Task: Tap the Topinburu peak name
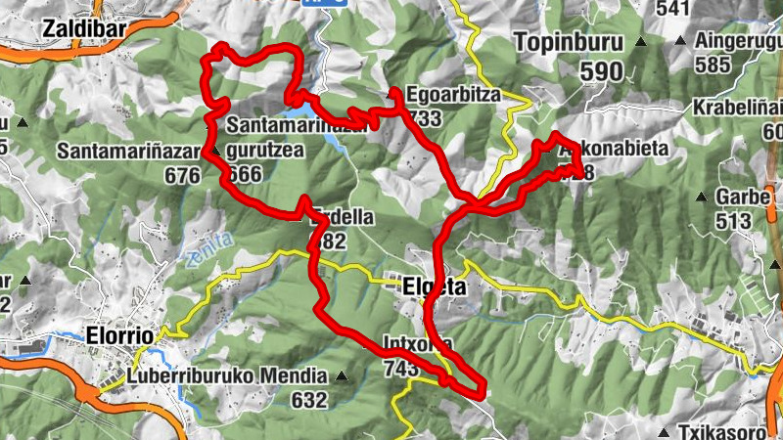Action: tap(567, 44)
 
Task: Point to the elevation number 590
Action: tap(600, 71)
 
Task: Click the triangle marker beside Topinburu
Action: tap(640, 43)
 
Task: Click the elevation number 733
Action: tap(428, 117)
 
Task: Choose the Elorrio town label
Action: tap(118, 334)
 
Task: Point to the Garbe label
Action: tap(743, 196)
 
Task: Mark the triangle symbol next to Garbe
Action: tap(701, 197)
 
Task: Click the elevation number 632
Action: tap(308, 399)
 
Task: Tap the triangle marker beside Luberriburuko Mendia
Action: tap(341, 376)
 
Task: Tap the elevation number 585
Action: tap(714, 66)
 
